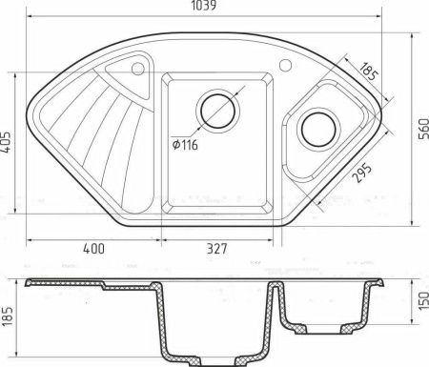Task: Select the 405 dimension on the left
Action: (x=9, y=140)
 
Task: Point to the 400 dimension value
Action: (x=92, y=250)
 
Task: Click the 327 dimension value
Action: (x=217, y=250)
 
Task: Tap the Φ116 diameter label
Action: (x=187, y=142)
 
